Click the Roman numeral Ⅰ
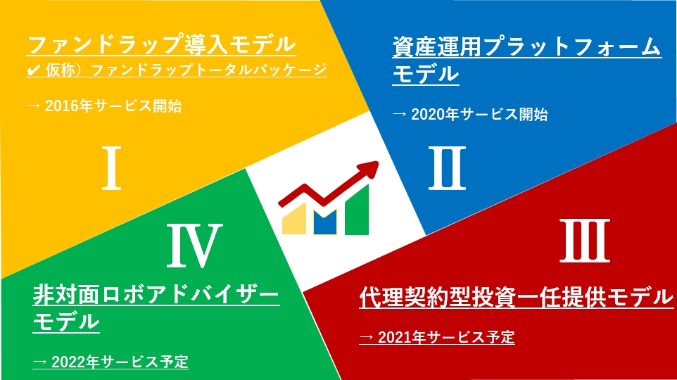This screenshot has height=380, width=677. [x=111, y=168]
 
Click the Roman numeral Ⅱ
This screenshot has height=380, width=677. [x=447, y=168]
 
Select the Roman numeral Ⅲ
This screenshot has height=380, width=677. [x=585, y=241]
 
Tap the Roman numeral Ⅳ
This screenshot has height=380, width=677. [x=195, y=245]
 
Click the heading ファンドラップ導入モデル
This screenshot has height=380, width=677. [x=161, y=44]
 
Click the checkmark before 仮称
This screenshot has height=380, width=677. [x=34, y=70]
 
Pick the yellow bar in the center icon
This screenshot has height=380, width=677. [x=294, y=220]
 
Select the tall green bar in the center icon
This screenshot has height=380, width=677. [x=357, y=210]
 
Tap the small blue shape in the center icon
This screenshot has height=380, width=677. [x=325, y=223]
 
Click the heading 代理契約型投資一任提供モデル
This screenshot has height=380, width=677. [x=516, y=297]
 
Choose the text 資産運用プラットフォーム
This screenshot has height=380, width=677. [x=526, y=46]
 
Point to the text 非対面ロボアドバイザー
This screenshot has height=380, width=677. [x=156, y=294]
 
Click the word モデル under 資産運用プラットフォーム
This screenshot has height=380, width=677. [x=426, y=74]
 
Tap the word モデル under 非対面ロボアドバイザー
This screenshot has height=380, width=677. [x=66, y=322]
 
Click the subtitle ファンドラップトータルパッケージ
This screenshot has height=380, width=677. [x=209, y=70]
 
